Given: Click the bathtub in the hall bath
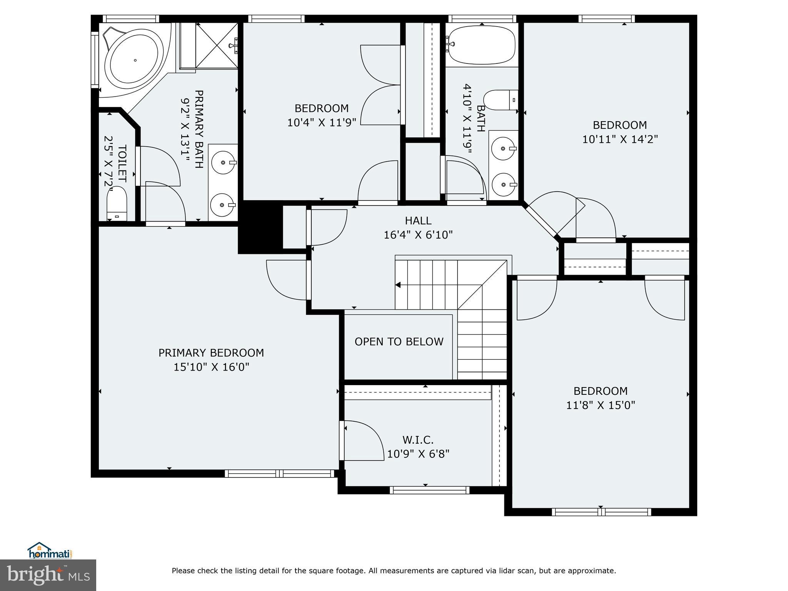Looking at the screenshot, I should [482, 45].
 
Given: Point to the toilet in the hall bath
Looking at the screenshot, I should [501, 100].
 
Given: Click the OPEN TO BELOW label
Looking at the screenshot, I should [399, 342].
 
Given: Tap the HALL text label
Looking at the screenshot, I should [418, 221].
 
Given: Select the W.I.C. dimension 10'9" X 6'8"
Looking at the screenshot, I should [418, 454].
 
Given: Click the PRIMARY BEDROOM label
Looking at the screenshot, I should [211, 353].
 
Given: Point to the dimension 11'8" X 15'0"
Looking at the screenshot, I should [600, 405].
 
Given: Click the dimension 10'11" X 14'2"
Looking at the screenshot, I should [619, 139].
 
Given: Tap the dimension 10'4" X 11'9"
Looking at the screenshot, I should [322, 122].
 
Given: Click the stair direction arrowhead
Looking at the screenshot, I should [398, 285].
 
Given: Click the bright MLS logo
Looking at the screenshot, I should [48, 576].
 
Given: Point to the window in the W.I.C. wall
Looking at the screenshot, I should [429, 490].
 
